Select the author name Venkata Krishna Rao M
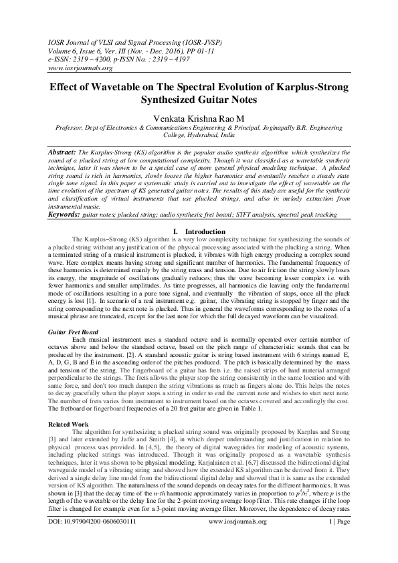click(198, 118)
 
